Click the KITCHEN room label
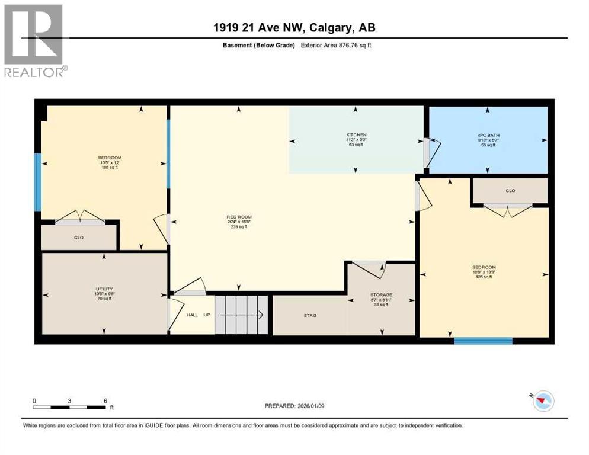(x=356, y=135)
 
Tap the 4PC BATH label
(x=488, y=135)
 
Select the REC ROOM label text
(x=239, y=217)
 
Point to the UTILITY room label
(x=104, y=289)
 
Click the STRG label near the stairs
(x=310, y=315)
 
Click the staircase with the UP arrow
(x=241, y=315)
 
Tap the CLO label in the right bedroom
(x=510, y=191)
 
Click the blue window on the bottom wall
(x=483, y=341)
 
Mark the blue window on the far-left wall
(x=37, y=182)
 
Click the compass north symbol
(x=542, y=401)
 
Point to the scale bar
(x=70, y=407)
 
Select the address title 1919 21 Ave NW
(x=294, y=27)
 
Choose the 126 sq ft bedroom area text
(x=484, y=277)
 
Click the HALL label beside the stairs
(x=192, y=315)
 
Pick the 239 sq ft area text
(x=239, y=226)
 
